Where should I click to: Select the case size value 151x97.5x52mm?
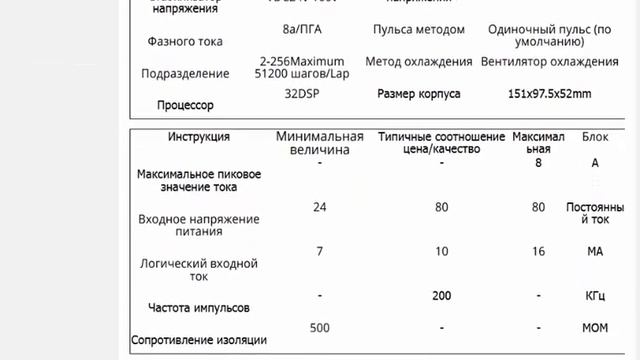pos(549,94)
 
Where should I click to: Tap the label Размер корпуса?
pos(418,94)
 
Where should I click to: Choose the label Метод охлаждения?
pos(418,61)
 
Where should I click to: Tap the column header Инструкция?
pos(199,136)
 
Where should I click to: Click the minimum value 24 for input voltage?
pos(319,207)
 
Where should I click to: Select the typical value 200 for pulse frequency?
pos(441,296)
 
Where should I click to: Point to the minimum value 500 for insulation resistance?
pos(319,328)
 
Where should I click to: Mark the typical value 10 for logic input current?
pos(441,251)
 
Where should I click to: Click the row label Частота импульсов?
pos(198,308)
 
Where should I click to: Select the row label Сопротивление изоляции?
pos(199,339)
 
